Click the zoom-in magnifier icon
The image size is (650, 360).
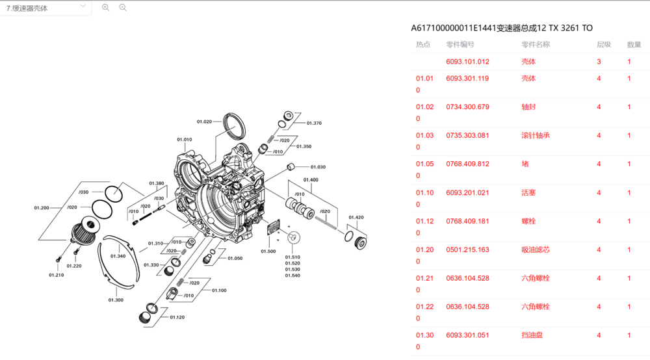[106, 8]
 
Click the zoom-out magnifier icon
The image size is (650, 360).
[123, 8]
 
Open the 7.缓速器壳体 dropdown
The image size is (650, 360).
[45, 8]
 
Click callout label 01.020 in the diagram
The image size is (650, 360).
[204, 122]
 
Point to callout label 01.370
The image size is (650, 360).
[314, 123]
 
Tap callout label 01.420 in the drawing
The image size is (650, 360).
[356, 217]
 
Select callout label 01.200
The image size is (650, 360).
[42, 208]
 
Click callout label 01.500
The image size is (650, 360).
[268, 251]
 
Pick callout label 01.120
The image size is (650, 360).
[177, 317]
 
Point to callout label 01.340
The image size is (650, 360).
[118, 256]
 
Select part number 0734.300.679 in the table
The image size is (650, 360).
[467, 107]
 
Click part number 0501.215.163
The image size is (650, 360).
[467, 250]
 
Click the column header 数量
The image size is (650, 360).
[634, 45]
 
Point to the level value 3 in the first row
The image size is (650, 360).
[599, 62]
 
